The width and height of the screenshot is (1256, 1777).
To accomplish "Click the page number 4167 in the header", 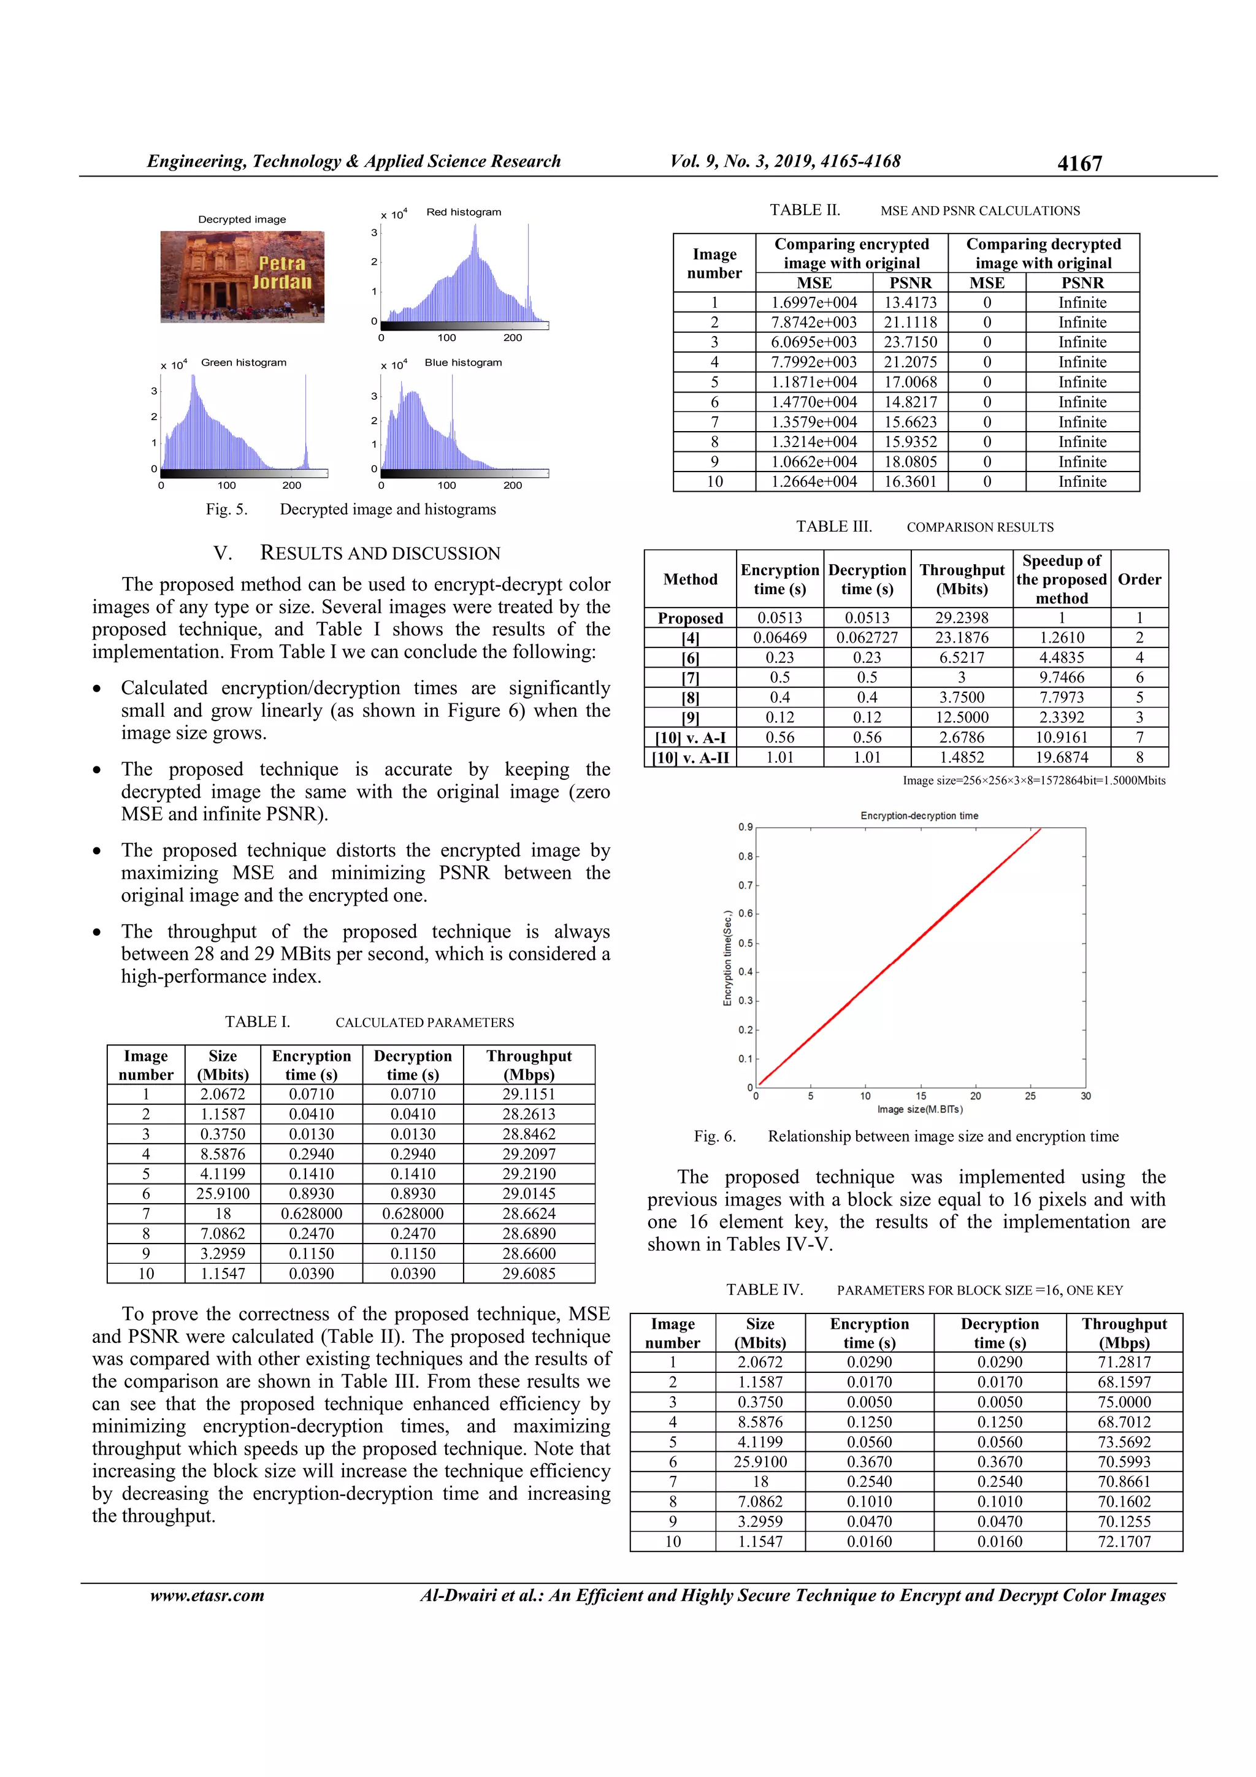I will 1079,163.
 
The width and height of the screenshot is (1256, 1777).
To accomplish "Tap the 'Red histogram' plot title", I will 463,212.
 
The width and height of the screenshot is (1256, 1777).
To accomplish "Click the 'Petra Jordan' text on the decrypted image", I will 281,272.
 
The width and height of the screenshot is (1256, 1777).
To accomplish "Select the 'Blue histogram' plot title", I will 463,362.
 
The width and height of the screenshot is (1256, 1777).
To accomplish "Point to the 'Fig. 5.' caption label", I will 226,510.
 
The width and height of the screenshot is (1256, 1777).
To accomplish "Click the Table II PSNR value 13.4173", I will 910,303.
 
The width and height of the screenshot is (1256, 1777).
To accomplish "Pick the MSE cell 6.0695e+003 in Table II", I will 814,342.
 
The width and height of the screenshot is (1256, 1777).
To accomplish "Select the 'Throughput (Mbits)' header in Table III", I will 961,579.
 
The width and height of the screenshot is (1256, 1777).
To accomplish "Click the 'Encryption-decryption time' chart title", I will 919,816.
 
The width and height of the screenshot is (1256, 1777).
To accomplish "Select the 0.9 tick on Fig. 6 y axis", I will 745,827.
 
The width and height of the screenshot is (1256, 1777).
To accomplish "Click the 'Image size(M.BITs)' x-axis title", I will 919,1109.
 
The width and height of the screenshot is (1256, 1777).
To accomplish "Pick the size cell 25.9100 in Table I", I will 222,1193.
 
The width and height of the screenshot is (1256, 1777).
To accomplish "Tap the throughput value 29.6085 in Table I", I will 529,1273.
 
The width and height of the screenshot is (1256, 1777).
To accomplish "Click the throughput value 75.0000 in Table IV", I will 1124,1402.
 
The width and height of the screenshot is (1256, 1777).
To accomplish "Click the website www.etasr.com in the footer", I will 207,1595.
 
